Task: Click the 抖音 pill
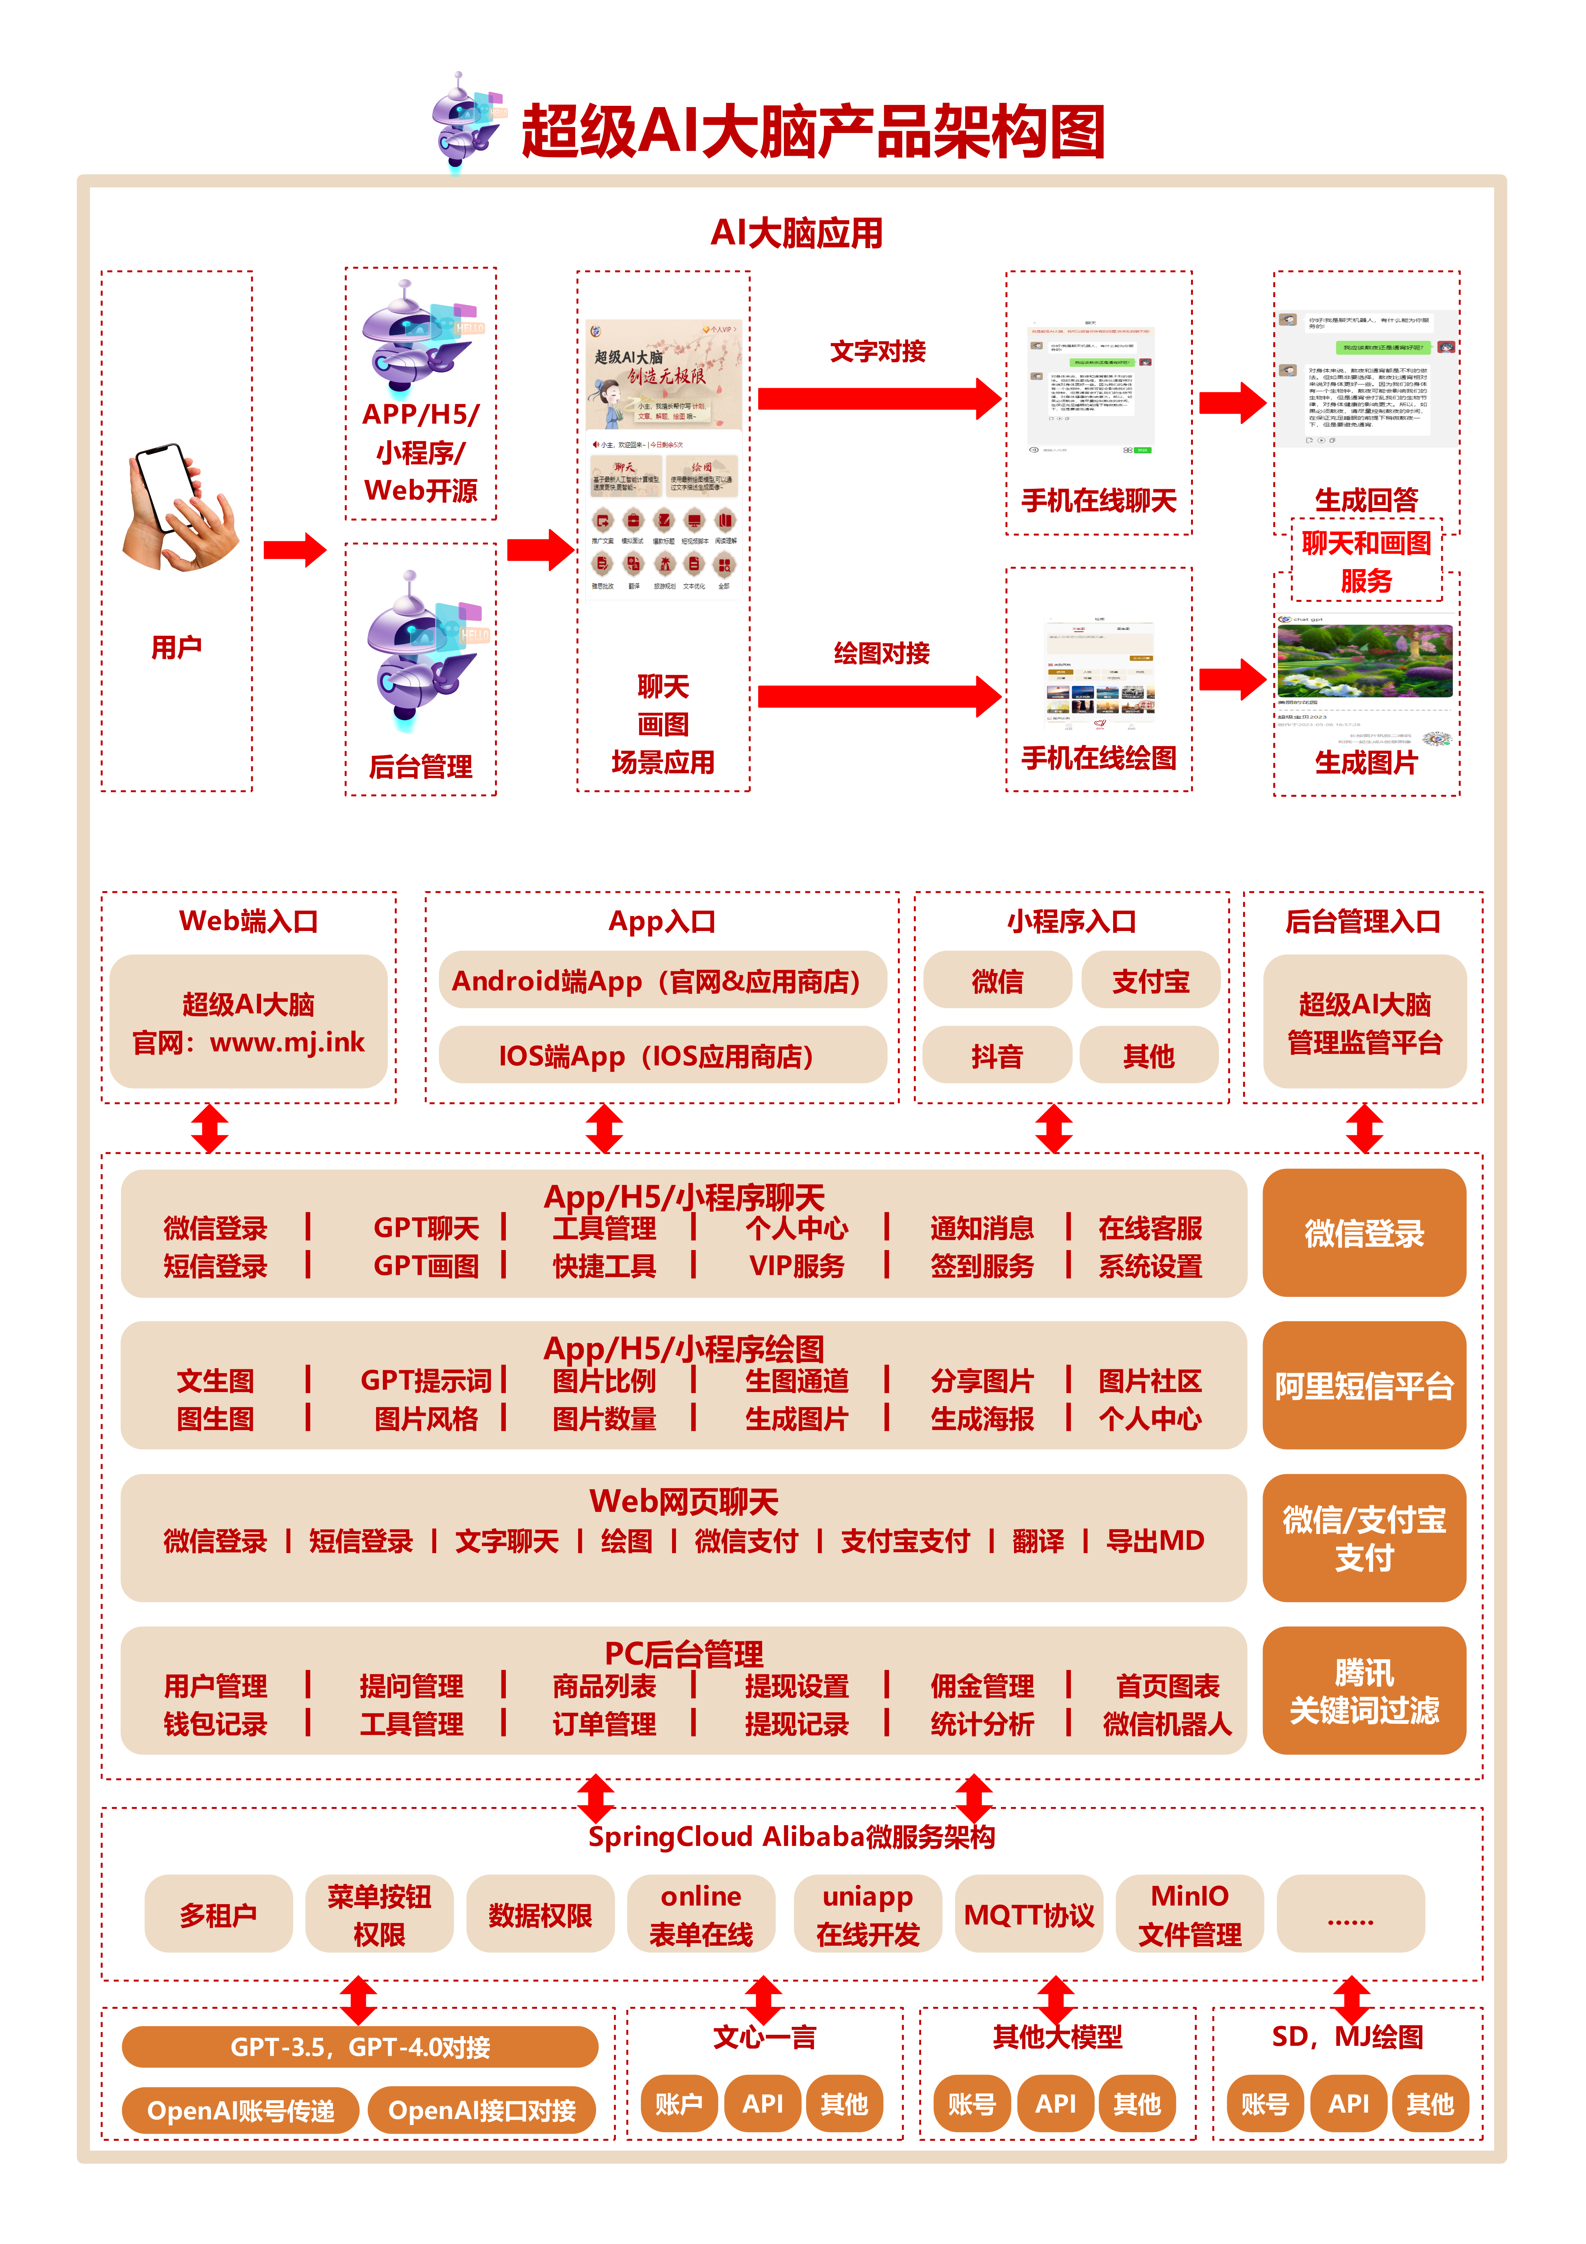click(997, 1056)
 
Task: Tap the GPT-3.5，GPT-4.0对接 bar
click(360, 2046)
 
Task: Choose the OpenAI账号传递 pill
click(240, 2111)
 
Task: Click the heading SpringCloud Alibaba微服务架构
click(792, 1836)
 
